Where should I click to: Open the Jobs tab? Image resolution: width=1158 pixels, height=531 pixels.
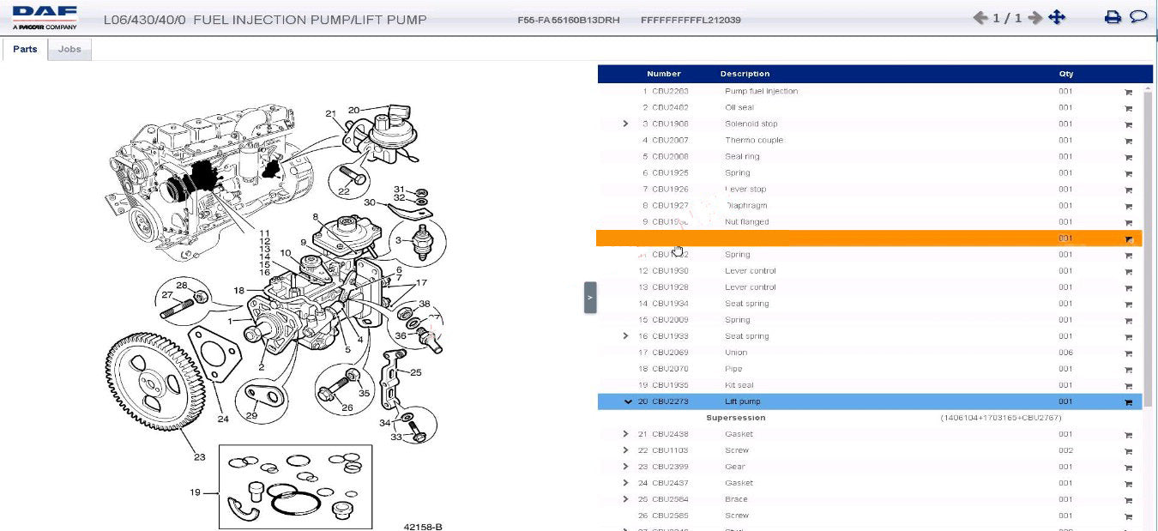tap(69, 50)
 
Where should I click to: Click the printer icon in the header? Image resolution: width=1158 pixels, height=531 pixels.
tap(1113, 17)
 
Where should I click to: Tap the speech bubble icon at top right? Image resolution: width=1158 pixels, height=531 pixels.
tap(1138, 17)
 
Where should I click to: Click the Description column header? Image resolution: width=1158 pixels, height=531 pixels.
tap(745, 74)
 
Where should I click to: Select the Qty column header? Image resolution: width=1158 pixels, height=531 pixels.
tap(1065, 74)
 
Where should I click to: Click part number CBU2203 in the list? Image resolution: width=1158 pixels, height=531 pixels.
tap(670, 91)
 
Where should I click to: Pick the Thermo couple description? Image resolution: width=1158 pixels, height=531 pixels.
tap(754, 140)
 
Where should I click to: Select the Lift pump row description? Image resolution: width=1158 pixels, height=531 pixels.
tap(743, 401)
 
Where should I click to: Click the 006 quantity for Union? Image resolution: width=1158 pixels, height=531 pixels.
tap(1065, 353)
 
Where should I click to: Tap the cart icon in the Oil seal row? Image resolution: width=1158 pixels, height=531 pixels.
tap(1128, 108)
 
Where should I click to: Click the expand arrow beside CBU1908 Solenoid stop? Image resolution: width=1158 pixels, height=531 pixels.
tap(626, 124)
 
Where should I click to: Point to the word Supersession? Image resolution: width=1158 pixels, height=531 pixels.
tap(736, 418)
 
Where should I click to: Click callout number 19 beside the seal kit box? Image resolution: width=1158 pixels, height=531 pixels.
tap(196, 492)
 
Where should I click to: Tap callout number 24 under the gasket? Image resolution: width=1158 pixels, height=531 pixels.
tap(223, 419)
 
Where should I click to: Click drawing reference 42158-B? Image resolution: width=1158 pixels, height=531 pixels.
tap(423, 526)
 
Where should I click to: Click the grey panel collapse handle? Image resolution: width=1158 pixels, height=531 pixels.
tap(590, 298)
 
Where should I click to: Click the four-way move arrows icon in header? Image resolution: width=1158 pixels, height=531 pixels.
tap(1057, 17)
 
